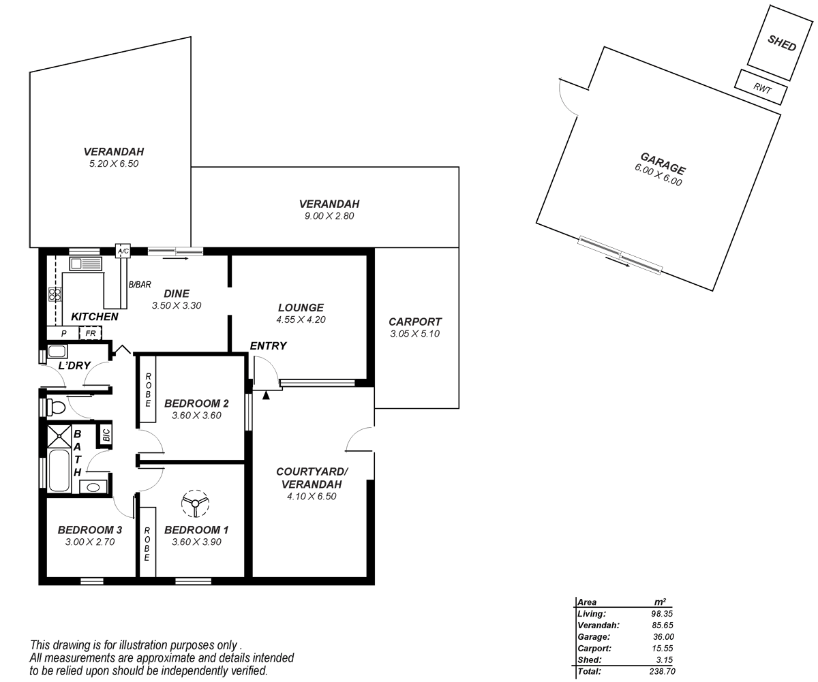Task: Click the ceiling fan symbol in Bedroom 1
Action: click(196, 503)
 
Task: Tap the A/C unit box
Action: click(123, 251)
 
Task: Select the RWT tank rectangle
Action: click(761, 87)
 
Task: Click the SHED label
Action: click(781, 42)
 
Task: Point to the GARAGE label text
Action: click(663, 164)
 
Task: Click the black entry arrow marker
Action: click(267, 394)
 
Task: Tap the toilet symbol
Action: click(55, 407)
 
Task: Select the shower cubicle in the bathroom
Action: click(59, 436)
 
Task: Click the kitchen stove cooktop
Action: click(55, 294)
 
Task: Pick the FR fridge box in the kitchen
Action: click(90, 333)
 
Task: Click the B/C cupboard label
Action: click(106, 435)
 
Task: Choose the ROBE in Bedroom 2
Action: click(147, 390)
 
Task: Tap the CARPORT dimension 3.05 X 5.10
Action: click(415, 334)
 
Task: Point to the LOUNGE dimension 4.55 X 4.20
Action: click(300, 319)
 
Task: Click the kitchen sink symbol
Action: click(85, 263)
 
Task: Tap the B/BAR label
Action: click(140, 285)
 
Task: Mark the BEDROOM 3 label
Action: click(90, 530)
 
